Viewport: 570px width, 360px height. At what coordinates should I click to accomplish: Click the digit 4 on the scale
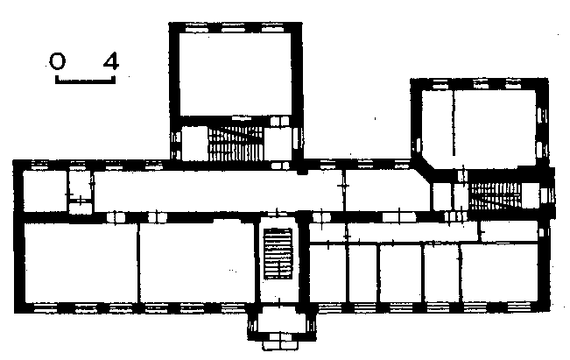[x=111, y=61]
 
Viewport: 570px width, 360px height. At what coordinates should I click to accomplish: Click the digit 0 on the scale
[x=58, y=61]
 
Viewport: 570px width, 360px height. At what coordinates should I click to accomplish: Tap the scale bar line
[x=85, y=81]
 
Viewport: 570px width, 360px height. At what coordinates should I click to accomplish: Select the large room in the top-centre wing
[x=236, y=74]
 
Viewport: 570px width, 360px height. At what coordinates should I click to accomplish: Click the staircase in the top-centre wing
[x=236, y=144]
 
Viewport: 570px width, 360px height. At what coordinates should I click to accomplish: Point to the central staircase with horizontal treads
[x=278, y=253]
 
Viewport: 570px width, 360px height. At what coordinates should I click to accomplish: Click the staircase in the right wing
[x=495, y=196]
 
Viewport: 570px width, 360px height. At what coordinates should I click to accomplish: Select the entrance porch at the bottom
[x=280, y=320]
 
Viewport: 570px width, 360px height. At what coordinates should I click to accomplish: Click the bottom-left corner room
[x=81, y=263]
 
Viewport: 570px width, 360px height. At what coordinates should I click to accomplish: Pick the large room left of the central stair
[x=197, y=263]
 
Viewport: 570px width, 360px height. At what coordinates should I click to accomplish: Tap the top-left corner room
[x=45, y=191]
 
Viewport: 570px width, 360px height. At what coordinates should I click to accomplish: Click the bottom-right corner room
[x=499, y=272]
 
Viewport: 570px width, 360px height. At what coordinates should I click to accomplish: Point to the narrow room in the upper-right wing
[x=437, y=124]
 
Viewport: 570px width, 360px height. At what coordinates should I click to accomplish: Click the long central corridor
[x=218, y=191]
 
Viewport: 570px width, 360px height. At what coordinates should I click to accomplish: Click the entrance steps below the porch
[x=280, y=342]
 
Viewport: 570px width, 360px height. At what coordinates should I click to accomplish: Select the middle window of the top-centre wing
[x=233, y=28]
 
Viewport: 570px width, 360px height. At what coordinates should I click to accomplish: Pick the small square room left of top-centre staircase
[x=194, y=144]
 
